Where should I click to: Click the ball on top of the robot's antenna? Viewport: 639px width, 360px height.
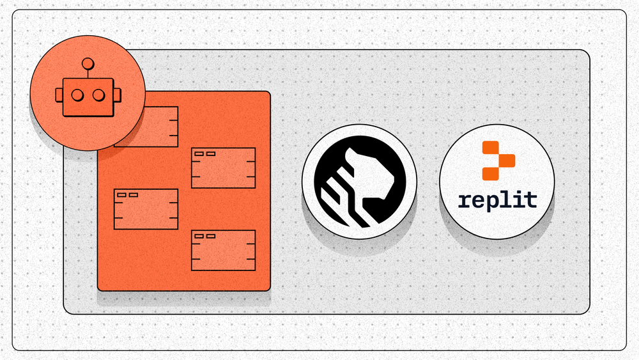click(x=88, y=64)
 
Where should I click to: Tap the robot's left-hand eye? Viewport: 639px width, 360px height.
click(x=77, y=95)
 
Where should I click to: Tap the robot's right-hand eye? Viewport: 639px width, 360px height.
click(x=98, y=95)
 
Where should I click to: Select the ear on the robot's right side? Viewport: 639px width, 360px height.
click(x=117, y=95)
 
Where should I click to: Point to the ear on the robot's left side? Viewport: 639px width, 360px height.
click(x=59, y=95)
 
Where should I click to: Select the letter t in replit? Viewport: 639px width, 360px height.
click(x=530, y=199)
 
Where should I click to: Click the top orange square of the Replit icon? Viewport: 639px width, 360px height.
click(x=491, y=148)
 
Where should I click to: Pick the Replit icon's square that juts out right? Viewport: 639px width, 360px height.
click(x=507, y=160)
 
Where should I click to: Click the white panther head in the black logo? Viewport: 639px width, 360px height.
click(x=369, y=175)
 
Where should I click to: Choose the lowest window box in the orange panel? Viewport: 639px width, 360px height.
click(x=223, y=250)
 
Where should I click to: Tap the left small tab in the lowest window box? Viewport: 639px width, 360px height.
click(x=199, y=236)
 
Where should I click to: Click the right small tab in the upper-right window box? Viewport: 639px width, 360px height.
click(x=211, y=153)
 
